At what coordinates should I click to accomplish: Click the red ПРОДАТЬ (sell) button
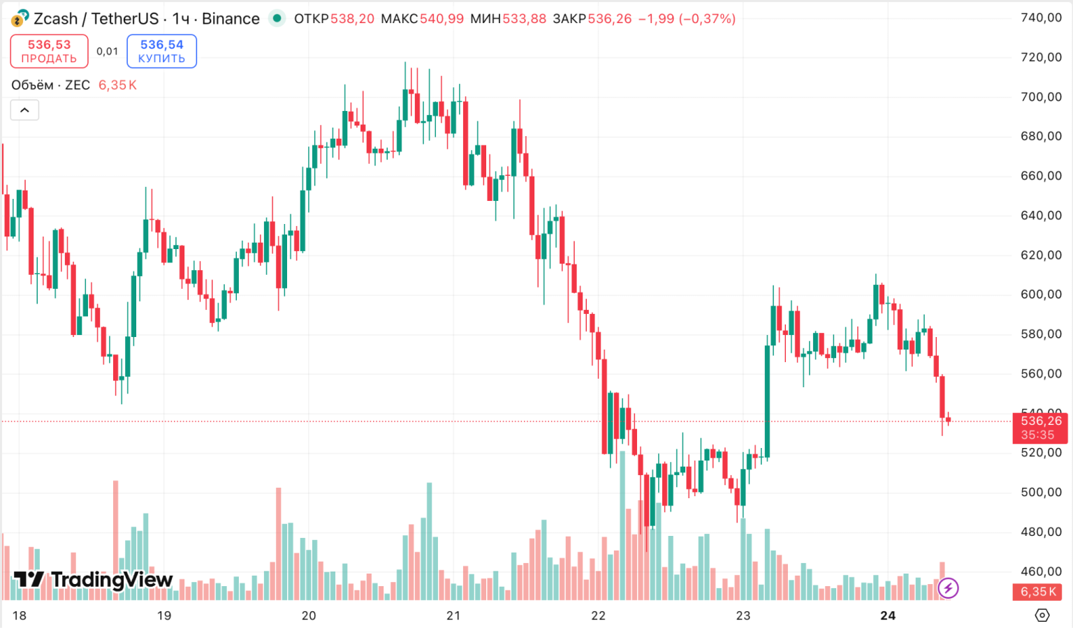(x=49, y=51)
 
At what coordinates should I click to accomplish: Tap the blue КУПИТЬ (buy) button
(x=161, y=51)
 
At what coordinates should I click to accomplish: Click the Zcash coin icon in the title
(x=20, y=18)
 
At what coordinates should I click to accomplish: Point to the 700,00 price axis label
(x=1041, y=97)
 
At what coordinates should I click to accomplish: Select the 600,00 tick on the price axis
(x=1041, y=294)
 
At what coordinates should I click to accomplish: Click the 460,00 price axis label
(x=1041, y=571)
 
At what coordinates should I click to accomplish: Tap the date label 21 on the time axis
(x=453, y=615)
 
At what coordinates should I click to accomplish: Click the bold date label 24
(x=888, y=615)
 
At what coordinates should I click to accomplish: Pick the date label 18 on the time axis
(x=20, y=615)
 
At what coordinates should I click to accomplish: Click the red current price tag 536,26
(x=1040, y=428)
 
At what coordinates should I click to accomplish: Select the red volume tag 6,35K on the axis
(x=1039, y=592)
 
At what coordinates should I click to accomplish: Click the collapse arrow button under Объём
(x=24, y=110)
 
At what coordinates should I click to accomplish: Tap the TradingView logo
(x=93, y=579)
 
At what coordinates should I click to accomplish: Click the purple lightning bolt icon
(x=948, y=588)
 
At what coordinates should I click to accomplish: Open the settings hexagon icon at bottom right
(x=1042, y=615)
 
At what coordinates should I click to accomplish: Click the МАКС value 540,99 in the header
(x=441, y=19)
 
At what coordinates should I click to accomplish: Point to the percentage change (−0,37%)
(x=707, y=19)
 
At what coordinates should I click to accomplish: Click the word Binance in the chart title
(x=231, y=19)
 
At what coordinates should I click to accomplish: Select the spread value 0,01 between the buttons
(x=108, y=51)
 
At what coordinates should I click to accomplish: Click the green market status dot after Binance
(x=277, y=18)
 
